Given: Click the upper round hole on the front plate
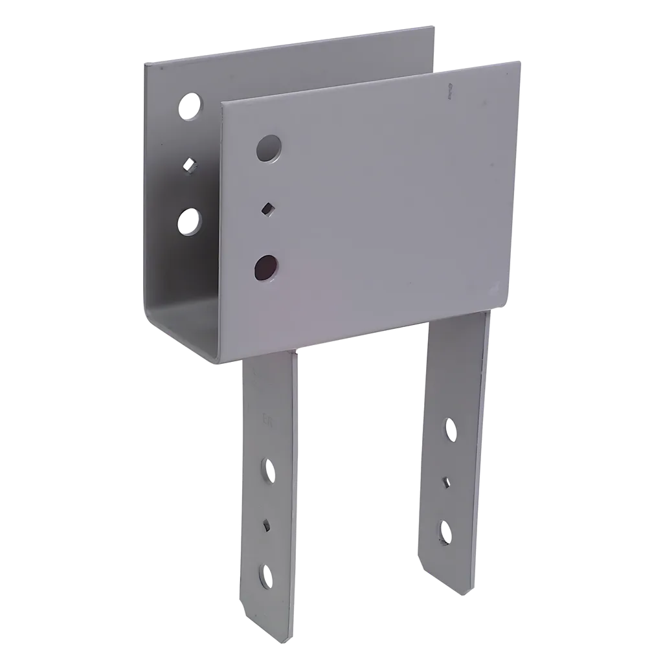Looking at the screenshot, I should (x=269, y=148).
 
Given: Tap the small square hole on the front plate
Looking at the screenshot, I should (x=266, y=208).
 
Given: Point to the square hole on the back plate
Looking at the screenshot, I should (x=189, y=164).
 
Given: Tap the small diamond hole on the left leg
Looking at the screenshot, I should (x=266, y=524).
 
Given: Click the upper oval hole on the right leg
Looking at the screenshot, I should (x=450, y=429).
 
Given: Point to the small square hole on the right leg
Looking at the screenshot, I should (x=447, y=481).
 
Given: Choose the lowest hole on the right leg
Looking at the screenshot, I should (x=446, y=530).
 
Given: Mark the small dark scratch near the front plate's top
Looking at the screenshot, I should (x=448, y=93).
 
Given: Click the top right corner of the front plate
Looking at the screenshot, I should (x=519, y=62).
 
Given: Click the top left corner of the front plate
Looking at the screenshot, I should (x=223, y=104).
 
